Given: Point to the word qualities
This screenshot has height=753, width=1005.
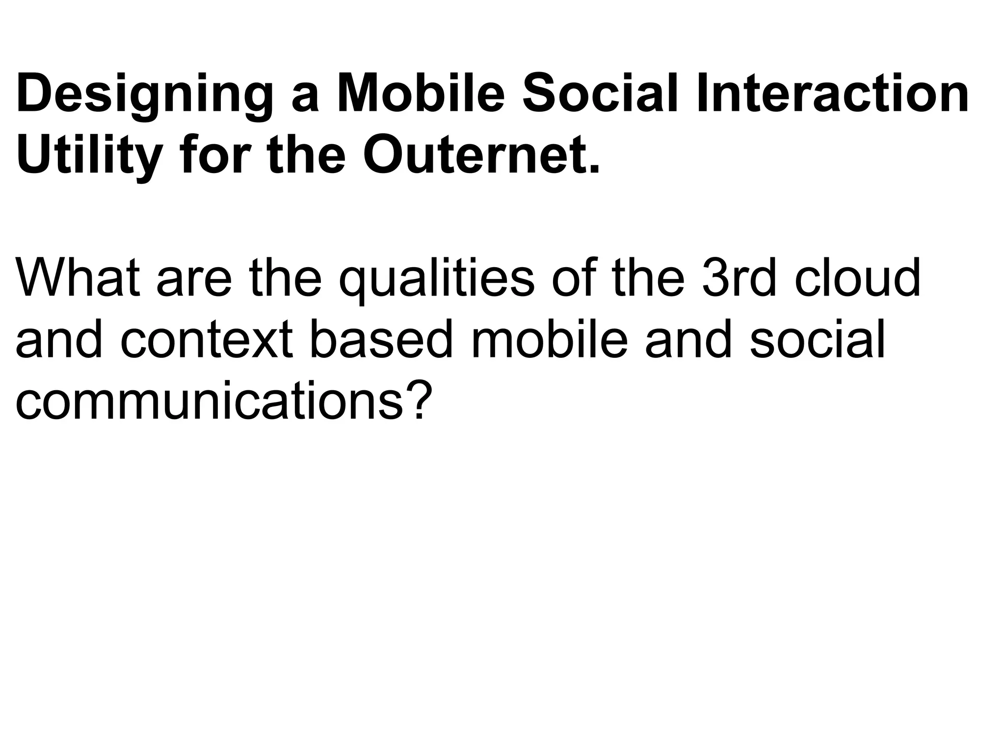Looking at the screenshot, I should pos(437,279).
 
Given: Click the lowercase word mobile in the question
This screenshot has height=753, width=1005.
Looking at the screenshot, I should pos(550,339).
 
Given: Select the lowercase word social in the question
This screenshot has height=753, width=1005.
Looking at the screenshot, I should pos(817,339).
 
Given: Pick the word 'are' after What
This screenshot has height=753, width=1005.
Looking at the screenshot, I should pos(194,281).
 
